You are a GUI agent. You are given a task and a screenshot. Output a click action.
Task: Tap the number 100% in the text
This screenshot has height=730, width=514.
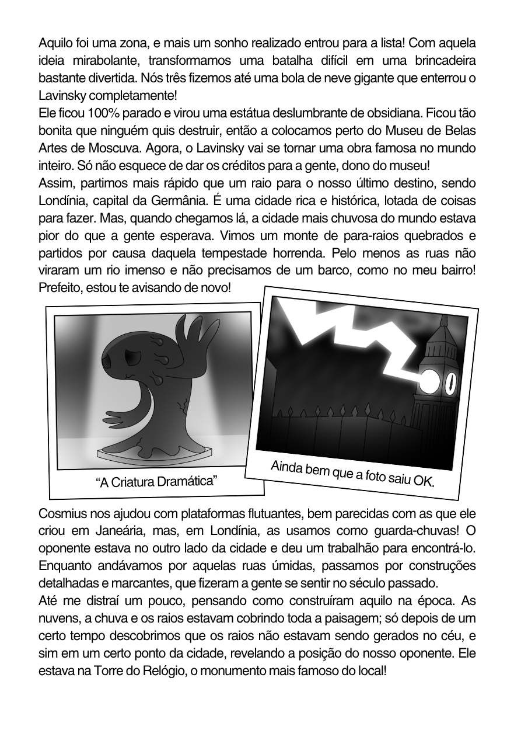(x=88, y=112)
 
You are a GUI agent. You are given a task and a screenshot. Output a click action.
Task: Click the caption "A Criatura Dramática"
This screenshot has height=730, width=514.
(x=156, y=482)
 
